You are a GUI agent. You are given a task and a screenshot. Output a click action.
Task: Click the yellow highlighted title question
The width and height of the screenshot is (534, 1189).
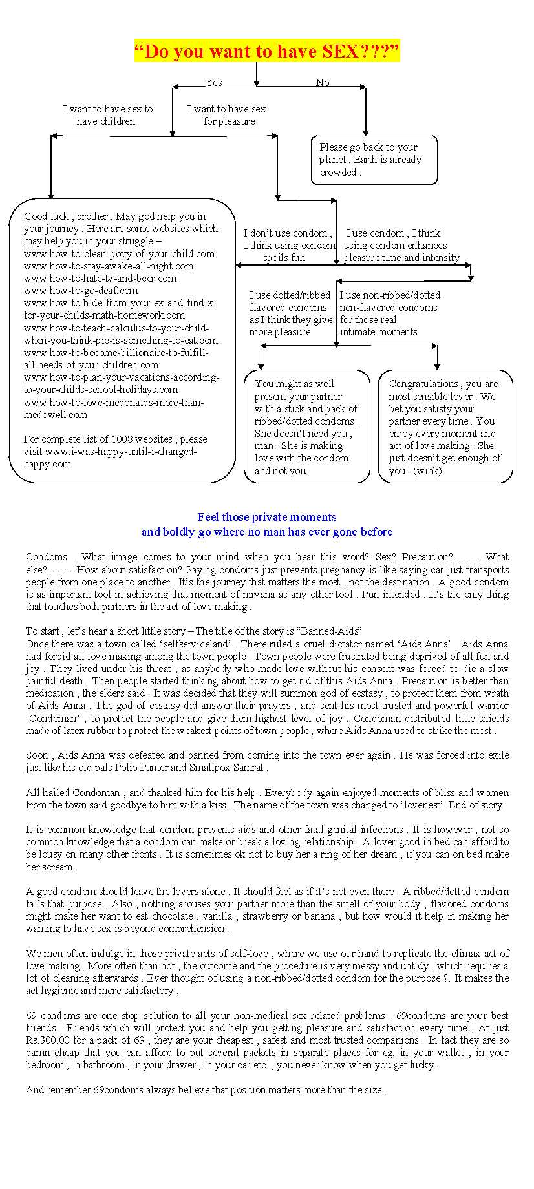click(x=266, y=51)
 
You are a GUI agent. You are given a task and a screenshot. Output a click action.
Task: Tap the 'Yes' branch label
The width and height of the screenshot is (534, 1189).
click(x=214, y=82)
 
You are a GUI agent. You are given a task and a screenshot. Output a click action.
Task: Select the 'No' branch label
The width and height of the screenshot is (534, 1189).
click(x=323, y=82)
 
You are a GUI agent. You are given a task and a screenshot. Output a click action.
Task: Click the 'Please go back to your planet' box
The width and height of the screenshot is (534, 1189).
click(x=374, y=160)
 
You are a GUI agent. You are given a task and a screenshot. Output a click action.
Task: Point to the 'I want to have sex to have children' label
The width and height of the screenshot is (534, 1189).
click(x=107, y=115)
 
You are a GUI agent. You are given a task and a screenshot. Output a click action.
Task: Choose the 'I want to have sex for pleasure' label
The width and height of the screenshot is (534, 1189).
click(x=227, y=115)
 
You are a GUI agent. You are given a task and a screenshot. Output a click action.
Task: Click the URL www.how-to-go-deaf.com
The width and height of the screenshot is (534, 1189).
click(x=81, y=291)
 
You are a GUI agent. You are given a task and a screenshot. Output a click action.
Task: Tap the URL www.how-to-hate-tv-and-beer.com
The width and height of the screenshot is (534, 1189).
click(x=100, y=279)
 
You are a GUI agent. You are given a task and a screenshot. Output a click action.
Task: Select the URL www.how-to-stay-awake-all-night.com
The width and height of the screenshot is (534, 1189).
click(x=109, y=266)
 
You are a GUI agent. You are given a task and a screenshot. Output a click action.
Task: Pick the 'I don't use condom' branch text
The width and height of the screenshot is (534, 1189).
click(x=288, y=245)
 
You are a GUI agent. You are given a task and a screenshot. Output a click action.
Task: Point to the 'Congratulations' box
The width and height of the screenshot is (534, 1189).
click(x=445, y=426)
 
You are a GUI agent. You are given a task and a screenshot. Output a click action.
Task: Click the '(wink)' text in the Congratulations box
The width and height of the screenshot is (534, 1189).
click(x=427, y=471)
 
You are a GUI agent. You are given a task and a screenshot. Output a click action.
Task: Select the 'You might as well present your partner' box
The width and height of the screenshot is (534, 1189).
click(x=306, y=426)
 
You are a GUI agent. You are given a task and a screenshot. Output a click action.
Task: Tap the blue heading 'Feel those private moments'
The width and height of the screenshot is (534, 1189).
click(x=267, y=517)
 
